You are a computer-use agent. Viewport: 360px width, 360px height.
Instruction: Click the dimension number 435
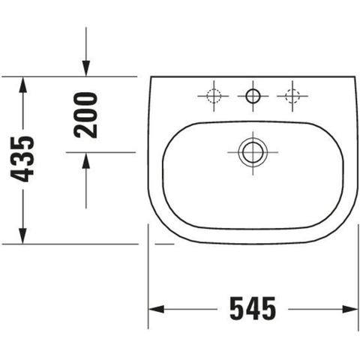[x=22, y=159]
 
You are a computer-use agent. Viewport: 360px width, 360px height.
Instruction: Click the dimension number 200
[x=85, y=115]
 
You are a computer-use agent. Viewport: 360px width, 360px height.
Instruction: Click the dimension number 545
[x=253, y=308]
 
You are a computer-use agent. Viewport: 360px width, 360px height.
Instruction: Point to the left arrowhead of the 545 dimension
[x=157, y=309]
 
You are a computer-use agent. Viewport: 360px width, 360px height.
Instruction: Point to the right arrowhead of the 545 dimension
[x=350, y=309]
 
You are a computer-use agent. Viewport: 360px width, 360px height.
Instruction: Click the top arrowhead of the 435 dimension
[x=22, y=85]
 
